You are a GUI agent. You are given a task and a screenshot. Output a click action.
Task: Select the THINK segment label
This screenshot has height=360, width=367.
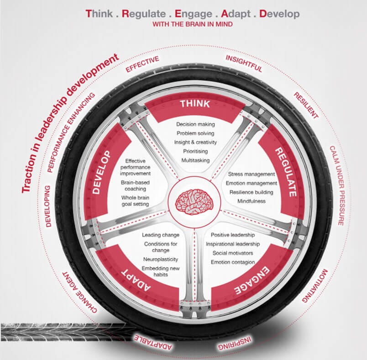click(x=195, y=104)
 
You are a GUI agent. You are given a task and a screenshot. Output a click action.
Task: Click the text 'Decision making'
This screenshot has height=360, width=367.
click(x=195, y=124)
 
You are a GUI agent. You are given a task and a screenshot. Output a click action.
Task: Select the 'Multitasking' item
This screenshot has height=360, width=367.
click(x=195, y=160)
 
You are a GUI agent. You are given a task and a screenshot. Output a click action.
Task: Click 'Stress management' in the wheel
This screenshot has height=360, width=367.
click(x=252, y=174)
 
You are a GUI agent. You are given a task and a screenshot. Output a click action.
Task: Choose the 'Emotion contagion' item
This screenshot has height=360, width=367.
click(x=232, y=262)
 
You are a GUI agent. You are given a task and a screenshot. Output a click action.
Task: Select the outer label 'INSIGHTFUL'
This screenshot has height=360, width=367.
click(x=244, y=64)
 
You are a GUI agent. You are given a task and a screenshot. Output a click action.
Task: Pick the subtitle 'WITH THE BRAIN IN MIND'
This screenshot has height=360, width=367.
click(x=195, y=24)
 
